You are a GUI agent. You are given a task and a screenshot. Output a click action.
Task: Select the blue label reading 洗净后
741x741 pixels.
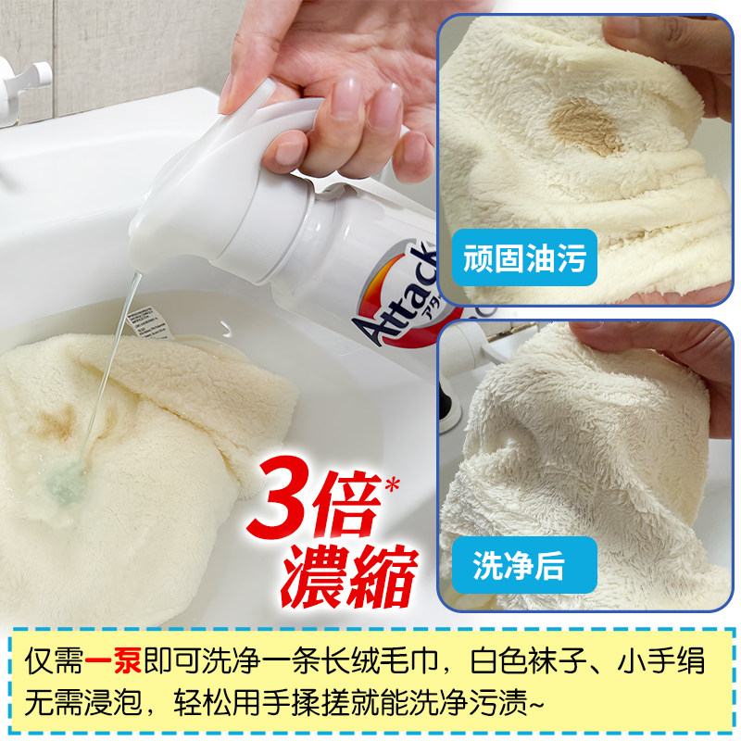tap(518, 564)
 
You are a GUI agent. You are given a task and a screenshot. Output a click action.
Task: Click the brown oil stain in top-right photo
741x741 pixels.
tap(584, 125)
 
